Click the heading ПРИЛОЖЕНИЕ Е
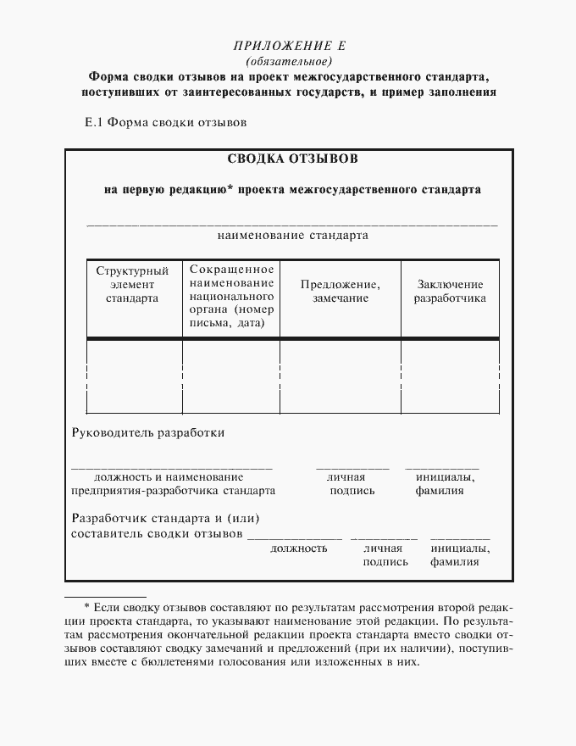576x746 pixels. [289, 47]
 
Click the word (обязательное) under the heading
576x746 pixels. [289, 62]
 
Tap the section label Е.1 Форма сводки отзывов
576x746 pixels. [165, 121]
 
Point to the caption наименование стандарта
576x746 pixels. [292, 235]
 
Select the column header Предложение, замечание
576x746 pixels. [340, 292]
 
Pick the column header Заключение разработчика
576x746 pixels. [450, 292]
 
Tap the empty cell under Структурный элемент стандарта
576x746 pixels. [134, 375]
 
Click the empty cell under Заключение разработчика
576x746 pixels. [450, 375]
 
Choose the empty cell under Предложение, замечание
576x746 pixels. [340, 375]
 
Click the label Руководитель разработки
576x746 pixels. [148, 432]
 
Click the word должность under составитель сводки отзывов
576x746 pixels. [298, 548]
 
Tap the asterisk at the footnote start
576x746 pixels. [86, 607]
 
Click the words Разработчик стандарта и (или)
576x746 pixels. [164, 518]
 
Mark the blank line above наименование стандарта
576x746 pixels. [292, 224]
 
